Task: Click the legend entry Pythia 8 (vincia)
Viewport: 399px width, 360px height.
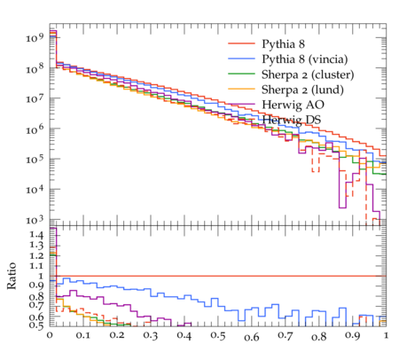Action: (x=305, y=59)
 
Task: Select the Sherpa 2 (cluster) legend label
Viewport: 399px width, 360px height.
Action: (x=308, y=74)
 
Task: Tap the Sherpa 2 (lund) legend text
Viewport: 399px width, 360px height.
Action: (x=302, y=90)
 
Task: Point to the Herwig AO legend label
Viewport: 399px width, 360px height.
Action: (x=293, y=105)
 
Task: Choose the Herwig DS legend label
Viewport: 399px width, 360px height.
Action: (x=292, y=120)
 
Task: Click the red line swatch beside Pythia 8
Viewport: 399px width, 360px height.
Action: (x=241, y=43)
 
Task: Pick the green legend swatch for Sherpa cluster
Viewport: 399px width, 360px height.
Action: (x=241, y=74)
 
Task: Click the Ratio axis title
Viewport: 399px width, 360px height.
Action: (x=12, y=276)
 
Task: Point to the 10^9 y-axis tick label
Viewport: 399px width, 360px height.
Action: (x=35, y=37)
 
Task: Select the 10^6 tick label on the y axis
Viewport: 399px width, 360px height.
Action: (x=35, y=129)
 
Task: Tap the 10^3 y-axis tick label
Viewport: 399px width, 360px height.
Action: (x=35, y=220)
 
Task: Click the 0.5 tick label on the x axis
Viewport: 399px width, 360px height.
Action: (x=218, y=335)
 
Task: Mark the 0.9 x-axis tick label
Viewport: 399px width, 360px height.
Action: (x=352, y=335)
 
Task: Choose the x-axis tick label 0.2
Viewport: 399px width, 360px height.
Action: (x=117, y=335)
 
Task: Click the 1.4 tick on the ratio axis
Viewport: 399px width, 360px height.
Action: (x=36, y=235)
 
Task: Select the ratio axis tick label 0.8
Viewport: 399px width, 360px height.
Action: (x=36, y=296)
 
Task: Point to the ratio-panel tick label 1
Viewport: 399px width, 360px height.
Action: (x=41, y=276)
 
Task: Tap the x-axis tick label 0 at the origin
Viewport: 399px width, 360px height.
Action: (x=50, y=335)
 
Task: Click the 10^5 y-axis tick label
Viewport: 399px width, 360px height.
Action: (x=35, y=159)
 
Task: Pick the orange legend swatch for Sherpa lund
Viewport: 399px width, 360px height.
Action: (x=241, y=89)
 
